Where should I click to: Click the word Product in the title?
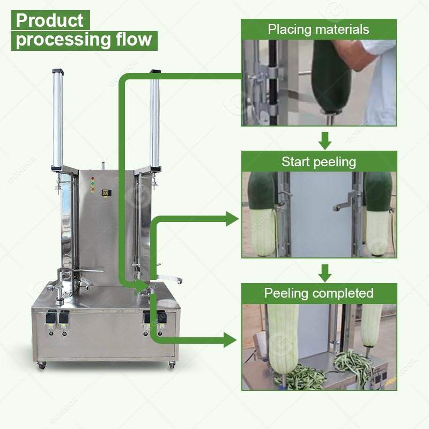(x=50, y=20)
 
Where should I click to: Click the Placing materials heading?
(x=319, y=29)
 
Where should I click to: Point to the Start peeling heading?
(x=319, y=161)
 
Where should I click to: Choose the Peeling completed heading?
(x=319, y=293)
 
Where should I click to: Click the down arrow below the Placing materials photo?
(x=324, y=140)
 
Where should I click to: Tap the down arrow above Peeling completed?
(x=324, y=272)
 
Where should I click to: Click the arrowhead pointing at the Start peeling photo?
(x=232, y=218)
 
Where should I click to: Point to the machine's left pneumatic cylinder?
(x=57, y=118)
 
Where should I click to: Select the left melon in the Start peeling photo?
(x=263, y=214)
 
